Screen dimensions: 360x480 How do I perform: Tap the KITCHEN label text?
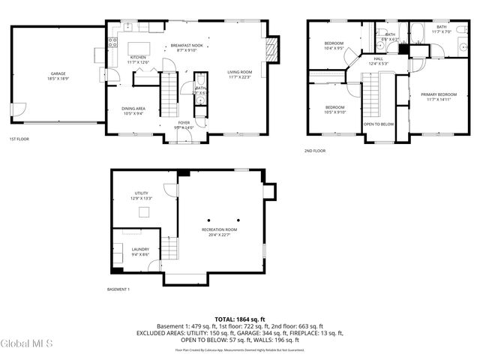(138, 57)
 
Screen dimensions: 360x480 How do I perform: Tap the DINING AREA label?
(133, 109)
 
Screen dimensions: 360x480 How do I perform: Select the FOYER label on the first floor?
(184, 122)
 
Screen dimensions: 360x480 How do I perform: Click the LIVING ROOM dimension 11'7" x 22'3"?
(240, 76)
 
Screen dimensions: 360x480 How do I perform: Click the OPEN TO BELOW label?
(379, 124)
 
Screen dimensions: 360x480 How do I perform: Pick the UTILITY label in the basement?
(142, 195)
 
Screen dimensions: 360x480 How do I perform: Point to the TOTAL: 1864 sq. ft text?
(239, 319)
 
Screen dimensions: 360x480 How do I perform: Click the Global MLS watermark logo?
(27, 343)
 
